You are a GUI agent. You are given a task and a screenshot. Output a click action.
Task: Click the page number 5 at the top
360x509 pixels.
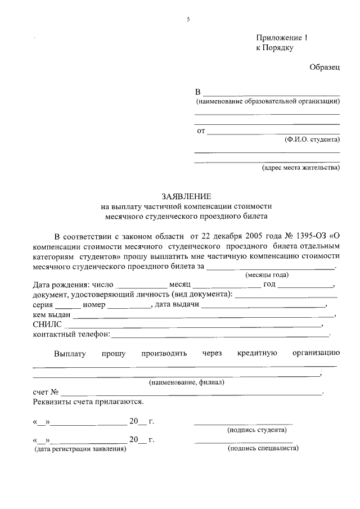tap(188, 20)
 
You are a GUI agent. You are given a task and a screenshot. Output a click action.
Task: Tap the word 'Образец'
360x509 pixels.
tap(325, 67)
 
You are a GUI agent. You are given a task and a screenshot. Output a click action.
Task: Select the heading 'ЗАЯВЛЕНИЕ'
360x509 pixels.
tap(186, 196)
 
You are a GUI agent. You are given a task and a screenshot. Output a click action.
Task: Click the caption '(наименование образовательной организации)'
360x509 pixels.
tap(268, 102)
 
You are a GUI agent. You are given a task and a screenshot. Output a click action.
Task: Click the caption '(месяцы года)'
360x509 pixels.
tap(267, 274)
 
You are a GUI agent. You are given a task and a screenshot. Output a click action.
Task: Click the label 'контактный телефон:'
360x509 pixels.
tap(72, 335)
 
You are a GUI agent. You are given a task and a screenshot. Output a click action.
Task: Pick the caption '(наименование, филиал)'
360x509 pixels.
tap(186, 382)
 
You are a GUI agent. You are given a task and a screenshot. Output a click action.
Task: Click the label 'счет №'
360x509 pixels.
tap(46, 391)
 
